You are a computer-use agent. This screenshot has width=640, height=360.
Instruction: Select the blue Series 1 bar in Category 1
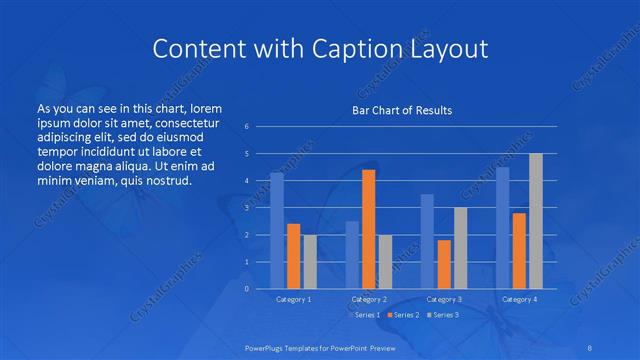coord(277,230)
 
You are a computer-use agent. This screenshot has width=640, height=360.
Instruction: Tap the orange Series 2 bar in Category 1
coord(293,256)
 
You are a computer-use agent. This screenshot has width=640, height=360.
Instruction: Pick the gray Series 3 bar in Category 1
coord(309,261)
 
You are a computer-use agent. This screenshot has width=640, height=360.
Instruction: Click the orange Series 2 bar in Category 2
coord(368,229)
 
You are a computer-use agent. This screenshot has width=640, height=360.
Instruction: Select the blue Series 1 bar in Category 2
coord(352,254)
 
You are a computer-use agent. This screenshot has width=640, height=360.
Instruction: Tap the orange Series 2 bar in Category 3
coord(444,264)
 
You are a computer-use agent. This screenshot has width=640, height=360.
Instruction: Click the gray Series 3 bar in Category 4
coord(536,220)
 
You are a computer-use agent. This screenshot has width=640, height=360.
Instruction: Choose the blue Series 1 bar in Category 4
coord(503,227)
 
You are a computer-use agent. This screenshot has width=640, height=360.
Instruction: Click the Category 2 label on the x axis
coord(368,299)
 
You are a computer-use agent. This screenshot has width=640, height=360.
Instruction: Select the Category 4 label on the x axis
coord(519,299)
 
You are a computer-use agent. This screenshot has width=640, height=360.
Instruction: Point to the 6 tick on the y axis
coord(246,127)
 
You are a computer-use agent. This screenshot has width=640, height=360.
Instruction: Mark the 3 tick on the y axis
coord(246,208)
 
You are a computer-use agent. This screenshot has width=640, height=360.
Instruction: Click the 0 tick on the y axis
coord(246,289)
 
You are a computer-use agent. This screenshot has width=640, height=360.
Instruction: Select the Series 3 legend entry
coord(444,315)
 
